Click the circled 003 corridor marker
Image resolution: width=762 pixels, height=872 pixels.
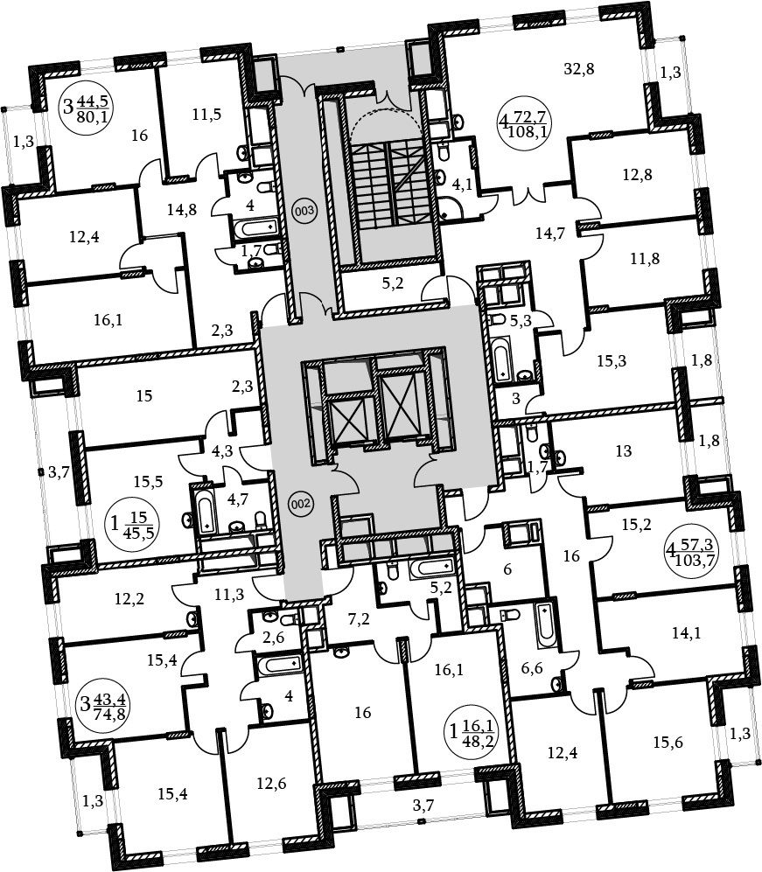point(304,211)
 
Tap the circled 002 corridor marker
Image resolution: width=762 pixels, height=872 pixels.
point(300,504)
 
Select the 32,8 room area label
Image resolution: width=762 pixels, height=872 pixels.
point(579,69)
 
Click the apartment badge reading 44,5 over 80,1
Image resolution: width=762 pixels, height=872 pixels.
point(87,108)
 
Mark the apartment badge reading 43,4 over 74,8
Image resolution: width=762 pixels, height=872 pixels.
point(103,707)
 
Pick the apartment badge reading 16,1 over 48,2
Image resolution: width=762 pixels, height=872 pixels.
point(472,733)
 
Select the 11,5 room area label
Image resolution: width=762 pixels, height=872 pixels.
point(207,115)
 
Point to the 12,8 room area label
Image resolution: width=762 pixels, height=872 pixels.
point(637,175)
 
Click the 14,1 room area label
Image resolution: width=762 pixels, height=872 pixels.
point(686,632)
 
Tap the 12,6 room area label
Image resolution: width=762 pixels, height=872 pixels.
point(271,784)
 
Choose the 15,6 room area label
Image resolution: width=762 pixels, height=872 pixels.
point(668,743)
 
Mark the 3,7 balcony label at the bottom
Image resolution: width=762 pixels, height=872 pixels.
point(423,804)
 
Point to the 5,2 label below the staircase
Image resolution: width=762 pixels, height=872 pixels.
point(394,284)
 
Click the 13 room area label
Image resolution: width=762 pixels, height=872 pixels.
point(624,451)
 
